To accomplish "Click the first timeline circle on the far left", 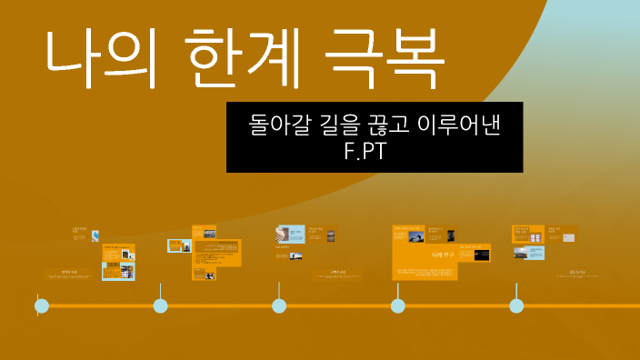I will pyautogui.click(x=42, y=306).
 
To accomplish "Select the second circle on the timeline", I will pyautogui.click(x=161, y=306).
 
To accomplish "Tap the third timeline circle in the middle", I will pyautogui.click(x=279, y=306).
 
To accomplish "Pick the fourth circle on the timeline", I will pyautogui.click(x=398, y=306).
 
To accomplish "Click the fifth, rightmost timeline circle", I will pyautogui.click(x=516, y=306).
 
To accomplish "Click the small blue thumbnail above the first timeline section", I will pyautogui.click(x=95, y=235).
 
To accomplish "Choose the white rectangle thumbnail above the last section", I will pyautogui.click(x=568, y=237).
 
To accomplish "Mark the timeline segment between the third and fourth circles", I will pyautogui.click(x=338, y=306).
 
